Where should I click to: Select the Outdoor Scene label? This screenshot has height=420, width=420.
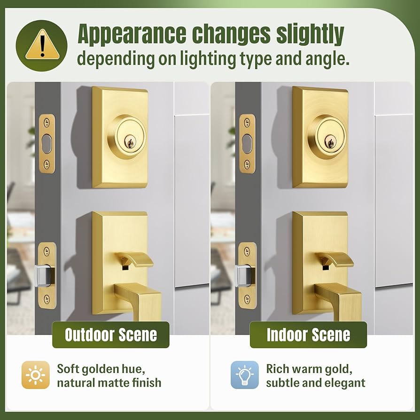[x=110, y=335]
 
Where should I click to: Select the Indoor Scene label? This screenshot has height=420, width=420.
[x=308, y=335]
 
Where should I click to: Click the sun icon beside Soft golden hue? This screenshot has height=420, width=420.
[x=35, y=375]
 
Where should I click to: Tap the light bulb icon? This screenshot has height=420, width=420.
[x=244, y=375]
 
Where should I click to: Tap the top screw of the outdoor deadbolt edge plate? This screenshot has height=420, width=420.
[x=46, y=122]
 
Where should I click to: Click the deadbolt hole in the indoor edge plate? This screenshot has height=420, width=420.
[x=247, y=143]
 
